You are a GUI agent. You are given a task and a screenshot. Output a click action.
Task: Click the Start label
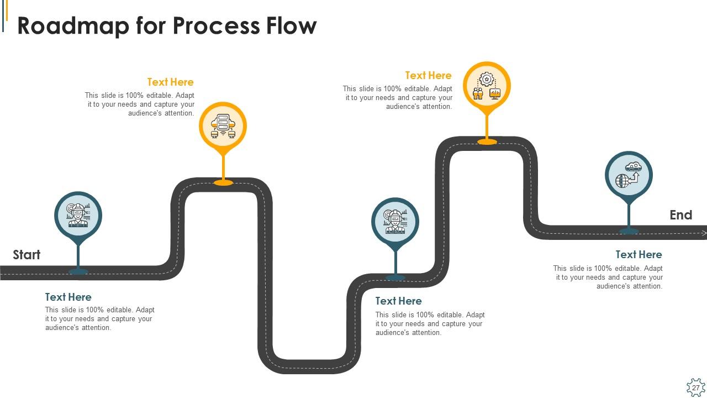[x=27, y=255]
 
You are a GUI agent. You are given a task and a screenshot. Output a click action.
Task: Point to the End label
[x=680, y=215]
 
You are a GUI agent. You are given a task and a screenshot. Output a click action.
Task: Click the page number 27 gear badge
[x=695, y=387]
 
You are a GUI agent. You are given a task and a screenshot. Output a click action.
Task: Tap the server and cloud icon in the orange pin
[x=223, y=126]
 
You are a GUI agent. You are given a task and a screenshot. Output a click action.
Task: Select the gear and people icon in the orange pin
[x=487, y=86]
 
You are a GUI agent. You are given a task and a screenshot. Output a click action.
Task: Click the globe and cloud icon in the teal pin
[x=629, y=175]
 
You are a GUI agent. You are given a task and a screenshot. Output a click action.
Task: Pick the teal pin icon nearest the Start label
[x=78, y=215]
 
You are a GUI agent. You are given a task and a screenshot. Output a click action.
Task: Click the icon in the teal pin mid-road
[x=395, y=221]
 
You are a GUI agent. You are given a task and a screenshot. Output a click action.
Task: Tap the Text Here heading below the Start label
[x=68, y=297]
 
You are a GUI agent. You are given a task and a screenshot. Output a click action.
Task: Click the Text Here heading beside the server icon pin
[x=170, y=82]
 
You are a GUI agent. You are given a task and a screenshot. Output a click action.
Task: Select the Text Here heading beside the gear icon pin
[x=428, y=76]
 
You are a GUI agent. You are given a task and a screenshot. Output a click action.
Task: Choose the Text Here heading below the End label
[x=639, y=255]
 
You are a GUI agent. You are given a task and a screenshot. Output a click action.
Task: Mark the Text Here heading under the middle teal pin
[x=398, y=301]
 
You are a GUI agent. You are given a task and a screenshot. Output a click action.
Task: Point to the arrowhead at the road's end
[x=704, y=233]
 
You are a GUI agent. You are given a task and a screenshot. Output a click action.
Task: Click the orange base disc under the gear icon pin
[x=487, y=142]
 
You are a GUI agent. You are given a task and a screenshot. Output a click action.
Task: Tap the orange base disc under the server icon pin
[x=223, y=182]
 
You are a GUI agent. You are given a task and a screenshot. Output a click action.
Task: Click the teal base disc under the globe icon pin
[x=629, y=231]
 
